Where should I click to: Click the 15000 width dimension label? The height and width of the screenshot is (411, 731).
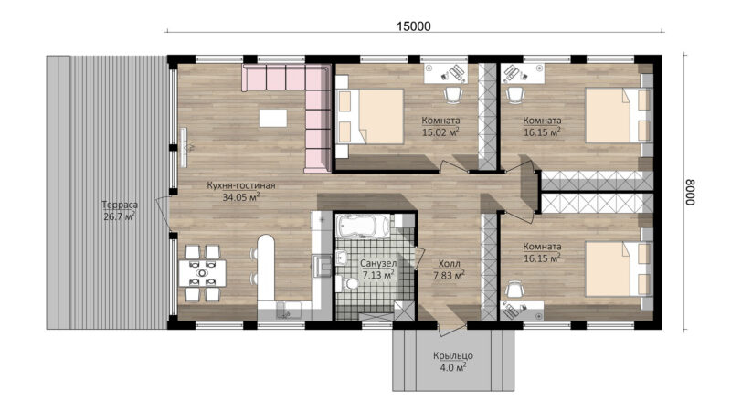pyautogui.click(x=414, y=26)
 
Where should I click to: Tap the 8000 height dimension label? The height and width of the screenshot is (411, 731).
pyautogui.click(x=691, y=192)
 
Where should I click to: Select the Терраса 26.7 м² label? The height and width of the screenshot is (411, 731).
pyautogui.click(x=120, y=210)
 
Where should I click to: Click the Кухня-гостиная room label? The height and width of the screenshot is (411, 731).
pyautogui.click(x=241, y=185)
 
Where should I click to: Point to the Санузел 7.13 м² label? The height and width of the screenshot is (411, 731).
pyautogui.click(x=378, y=269)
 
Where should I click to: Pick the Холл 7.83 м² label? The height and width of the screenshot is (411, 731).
pyautogui.click(x=449, y=269)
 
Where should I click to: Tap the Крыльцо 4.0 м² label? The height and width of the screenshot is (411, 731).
pyautogui.click(x=452, y=362)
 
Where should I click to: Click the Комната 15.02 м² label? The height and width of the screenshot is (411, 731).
pyautogui.click(x=440, y=126)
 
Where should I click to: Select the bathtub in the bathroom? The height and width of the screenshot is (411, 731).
pyautogui.click(x=363, y=226)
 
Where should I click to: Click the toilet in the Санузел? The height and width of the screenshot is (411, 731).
pyautogui.click(x=347, y=283)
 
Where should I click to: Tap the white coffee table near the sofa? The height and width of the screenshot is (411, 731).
pyautogui.click(x=272, y=118)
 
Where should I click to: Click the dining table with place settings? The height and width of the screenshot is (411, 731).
pyautogui.click(x=202, y=273)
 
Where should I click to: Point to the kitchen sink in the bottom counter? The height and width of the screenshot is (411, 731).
pyautogui.click(x=282, y=310)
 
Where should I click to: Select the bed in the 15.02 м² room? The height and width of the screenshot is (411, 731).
pyautogui.click(x=369, y=117)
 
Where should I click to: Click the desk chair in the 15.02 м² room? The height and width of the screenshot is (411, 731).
pyautogui.click(x=452, y=95)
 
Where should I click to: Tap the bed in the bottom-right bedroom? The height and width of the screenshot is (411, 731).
pyautogui.click(x=619, y=269)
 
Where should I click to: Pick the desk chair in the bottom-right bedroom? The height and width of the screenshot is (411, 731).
pyautogui.click(x=514, y=290)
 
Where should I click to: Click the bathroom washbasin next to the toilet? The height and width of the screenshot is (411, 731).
pyautogui.click(x=342, y=258)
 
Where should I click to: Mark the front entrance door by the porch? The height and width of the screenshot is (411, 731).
pyautogui.click(x=451, y=328)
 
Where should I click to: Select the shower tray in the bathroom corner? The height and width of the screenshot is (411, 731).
pyautogui.click(x=403, y=311)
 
